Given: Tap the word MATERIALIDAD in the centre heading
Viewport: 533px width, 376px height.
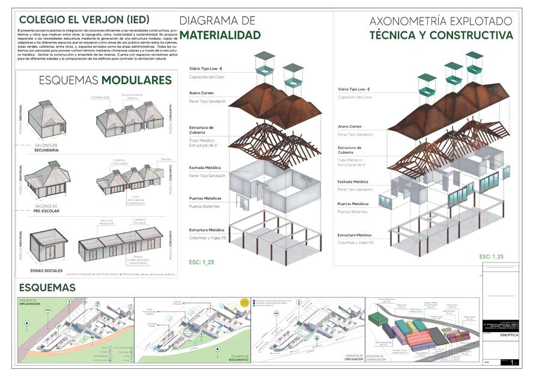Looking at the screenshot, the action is pyautogui.click(x=220, y=35).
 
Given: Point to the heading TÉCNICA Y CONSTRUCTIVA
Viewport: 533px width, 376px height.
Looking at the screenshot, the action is pyautogui.click(x=441, y=35).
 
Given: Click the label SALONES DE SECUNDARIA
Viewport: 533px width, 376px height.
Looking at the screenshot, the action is pyautogui.click(x=47, y=147).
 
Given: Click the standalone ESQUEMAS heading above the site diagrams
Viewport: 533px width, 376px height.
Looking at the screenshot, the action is pyautogui.click(x=47, y=288).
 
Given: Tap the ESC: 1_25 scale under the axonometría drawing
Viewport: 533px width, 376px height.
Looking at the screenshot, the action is pyautogui.click(x=492, y=256).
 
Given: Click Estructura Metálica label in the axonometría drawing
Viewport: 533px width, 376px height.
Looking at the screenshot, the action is pyautogui.click(x=355, y=235).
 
